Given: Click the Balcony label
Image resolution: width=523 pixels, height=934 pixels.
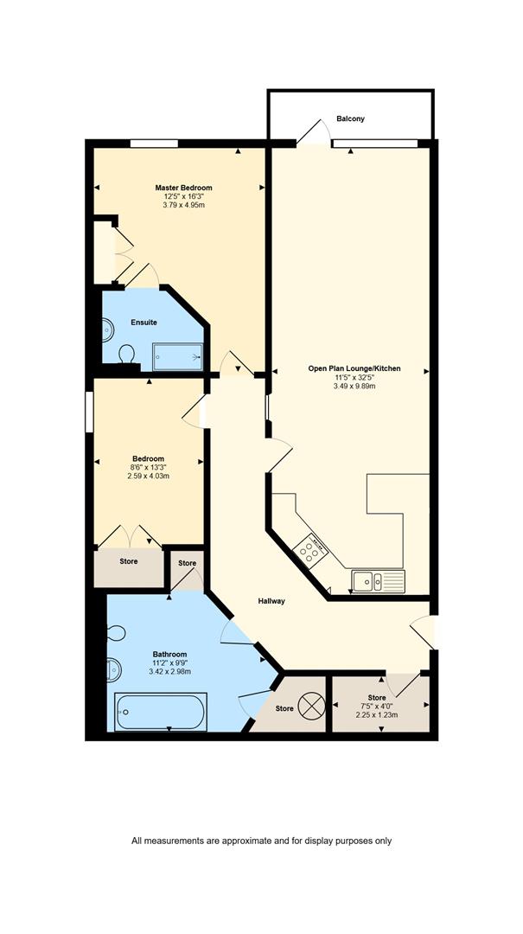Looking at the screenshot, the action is point(350,118).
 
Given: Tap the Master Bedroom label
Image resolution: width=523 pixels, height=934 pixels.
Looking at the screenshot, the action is point(183,188).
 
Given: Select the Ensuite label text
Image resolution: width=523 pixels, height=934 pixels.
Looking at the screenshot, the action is point(144,323).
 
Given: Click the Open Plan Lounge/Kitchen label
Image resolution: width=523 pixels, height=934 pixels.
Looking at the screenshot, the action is point(354,368).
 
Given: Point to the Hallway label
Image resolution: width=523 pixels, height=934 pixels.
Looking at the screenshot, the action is point(271,601).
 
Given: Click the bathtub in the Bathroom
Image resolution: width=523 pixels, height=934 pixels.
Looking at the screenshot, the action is point(161,712).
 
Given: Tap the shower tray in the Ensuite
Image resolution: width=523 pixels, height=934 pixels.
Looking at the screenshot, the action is point(177,356).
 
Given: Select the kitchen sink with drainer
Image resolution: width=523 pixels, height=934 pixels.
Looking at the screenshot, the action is point(378,581).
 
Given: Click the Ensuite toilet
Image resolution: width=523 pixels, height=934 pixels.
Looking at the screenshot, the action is point(126,355).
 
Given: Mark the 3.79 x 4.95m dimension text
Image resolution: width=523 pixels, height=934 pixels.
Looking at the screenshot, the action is point(183,205).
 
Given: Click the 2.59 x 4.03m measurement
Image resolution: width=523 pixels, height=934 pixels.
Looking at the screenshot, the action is point(149,476).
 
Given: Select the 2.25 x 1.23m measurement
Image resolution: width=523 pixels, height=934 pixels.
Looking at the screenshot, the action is point(376,715).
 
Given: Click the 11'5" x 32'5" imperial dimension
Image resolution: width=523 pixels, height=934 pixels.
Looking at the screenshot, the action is point(354,377).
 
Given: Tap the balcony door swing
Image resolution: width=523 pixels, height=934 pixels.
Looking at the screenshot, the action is point(313,132).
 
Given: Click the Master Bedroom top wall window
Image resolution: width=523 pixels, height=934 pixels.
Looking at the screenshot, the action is point(154,143).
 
